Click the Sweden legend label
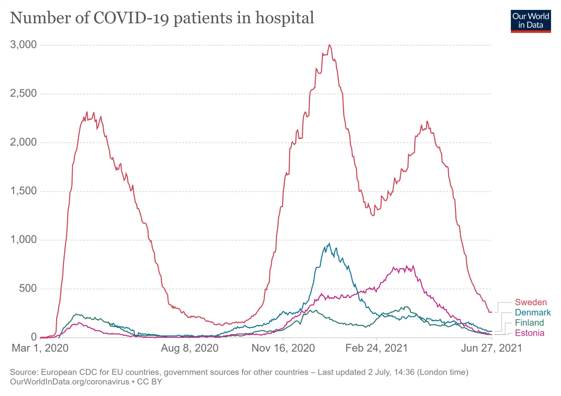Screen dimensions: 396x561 [x=531, y=303]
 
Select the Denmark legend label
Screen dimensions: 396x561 [x=532, y=313]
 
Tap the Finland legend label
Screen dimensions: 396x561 [x=529, y=323]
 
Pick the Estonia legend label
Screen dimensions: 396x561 [x=529, y=333]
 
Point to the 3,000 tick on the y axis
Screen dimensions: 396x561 [x=23, y=45]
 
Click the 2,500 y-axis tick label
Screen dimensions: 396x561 [x=23, y=93]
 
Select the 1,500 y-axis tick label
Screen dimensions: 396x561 [x=23, y=191]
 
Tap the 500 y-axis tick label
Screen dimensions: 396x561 [x=28, y=288]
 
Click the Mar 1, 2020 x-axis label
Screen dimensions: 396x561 [x=40, y=348]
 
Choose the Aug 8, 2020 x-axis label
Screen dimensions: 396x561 [x=190, y=348]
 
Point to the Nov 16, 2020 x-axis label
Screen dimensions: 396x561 [x=283, y=348]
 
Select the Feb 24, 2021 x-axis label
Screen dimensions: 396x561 [x=377, y=348]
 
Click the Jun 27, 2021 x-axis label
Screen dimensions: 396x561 [x=491, y=348]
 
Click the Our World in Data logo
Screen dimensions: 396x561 [x=531, y=21]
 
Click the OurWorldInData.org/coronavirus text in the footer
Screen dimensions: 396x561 [x=70, y=382]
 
